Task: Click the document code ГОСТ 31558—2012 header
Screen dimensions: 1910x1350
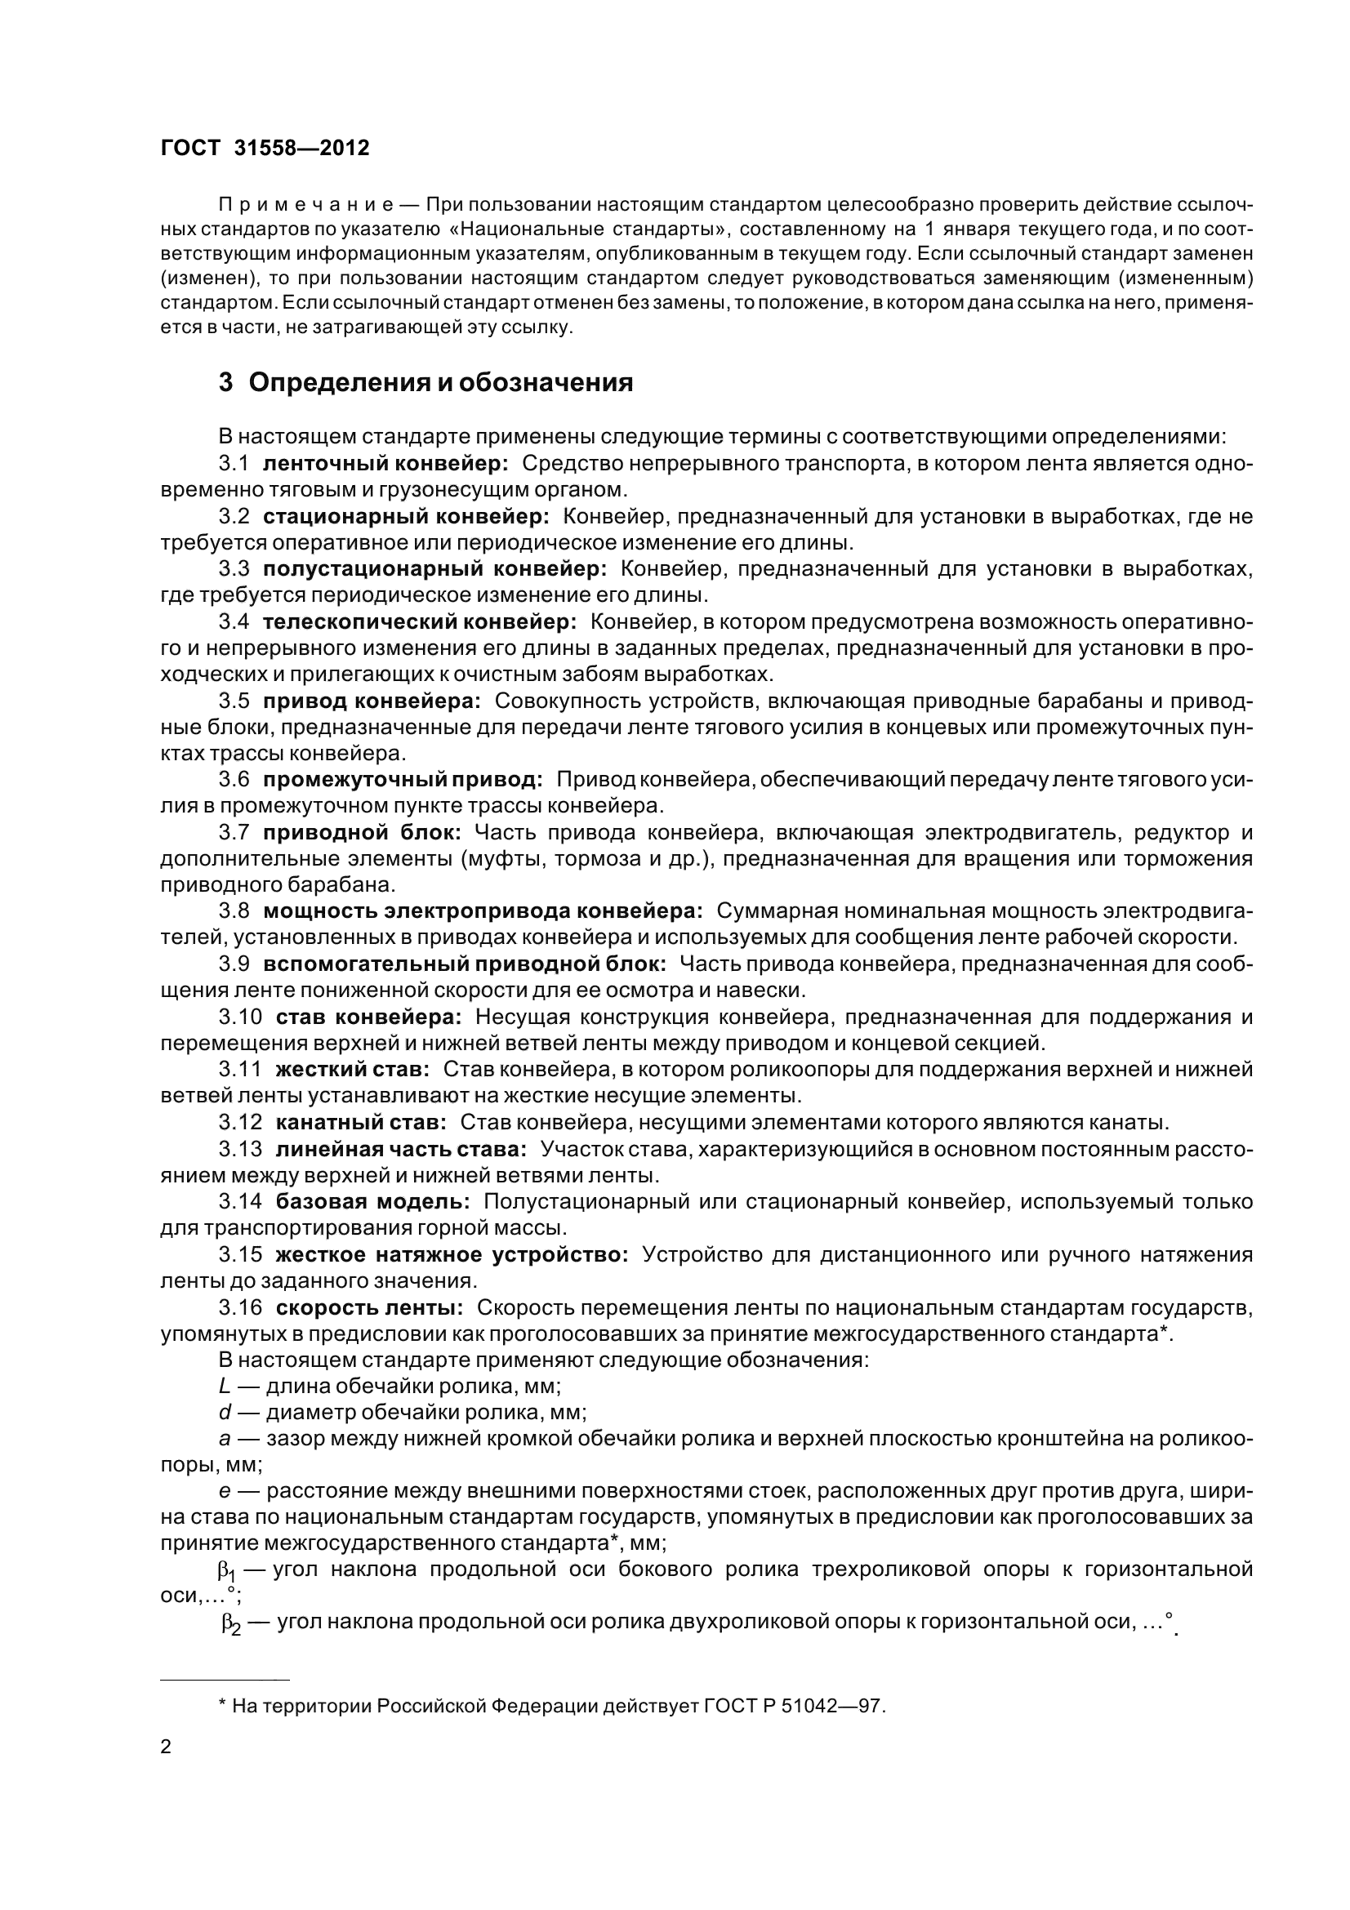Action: [265, 148]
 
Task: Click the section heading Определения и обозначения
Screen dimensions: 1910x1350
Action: [441, 383]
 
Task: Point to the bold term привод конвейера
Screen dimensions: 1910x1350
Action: [372, 701]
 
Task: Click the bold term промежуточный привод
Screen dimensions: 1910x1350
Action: [403, 780]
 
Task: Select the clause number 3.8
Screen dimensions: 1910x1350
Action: [234, 911]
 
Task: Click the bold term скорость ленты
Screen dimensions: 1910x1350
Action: [369, 1307]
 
